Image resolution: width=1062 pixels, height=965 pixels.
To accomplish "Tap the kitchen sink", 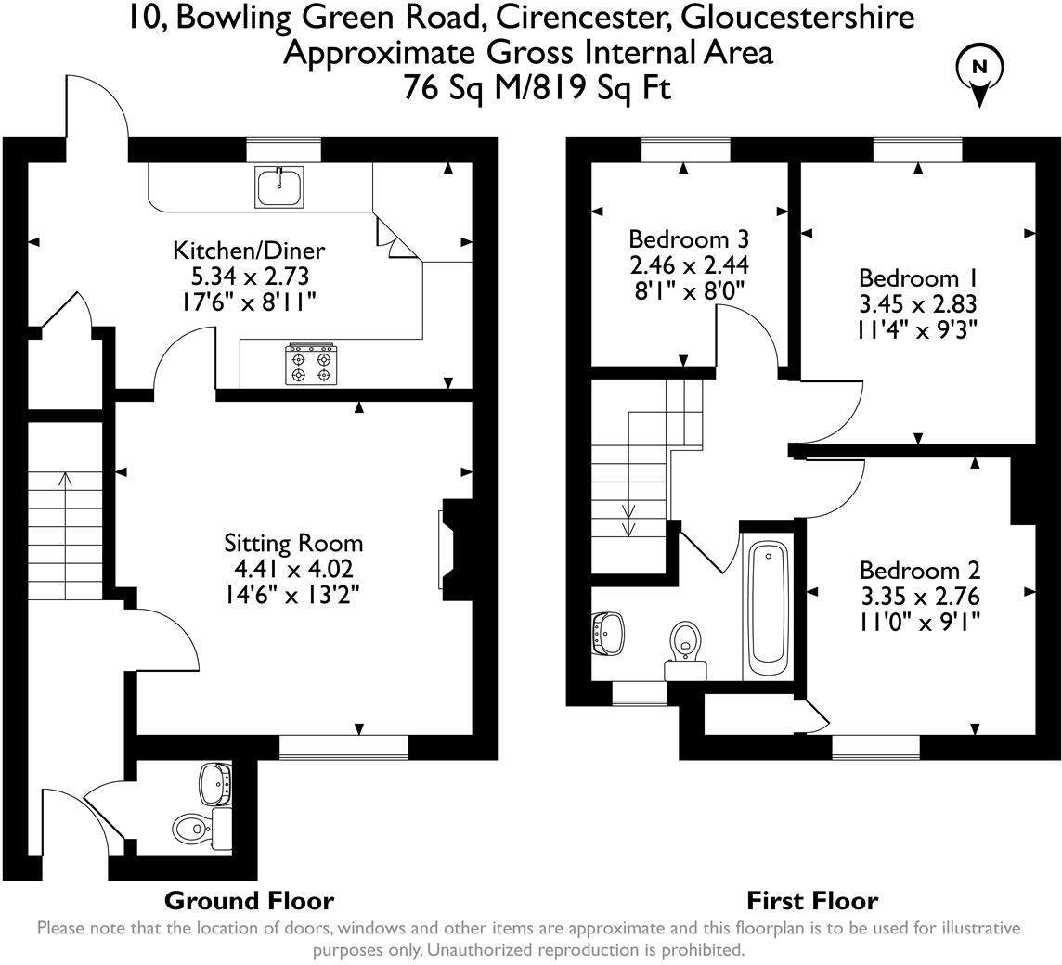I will [x=278, y=187].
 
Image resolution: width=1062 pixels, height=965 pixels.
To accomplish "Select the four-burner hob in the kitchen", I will [x=311, y=362].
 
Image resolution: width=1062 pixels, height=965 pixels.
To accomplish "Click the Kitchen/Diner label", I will [x=249, y=250].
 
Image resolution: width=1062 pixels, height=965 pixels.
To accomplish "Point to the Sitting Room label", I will [x=293, y=543].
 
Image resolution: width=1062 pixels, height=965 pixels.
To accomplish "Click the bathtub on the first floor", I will [x=768, y=609].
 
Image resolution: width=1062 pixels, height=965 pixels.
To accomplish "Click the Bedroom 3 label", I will [x=688, y=238].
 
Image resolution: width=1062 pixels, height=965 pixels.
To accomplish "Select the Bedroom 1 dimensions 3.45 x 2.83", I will [x=917, y=303].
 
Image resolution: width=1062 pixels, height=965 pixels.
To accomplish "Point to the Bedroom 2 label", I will [x=919, y=570].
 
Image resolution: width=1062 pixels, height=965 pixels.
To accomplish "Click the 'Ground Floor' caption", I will [x=249, y=899].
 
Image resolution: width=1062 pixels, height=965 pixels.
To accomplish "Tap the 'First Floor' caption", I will [x=811, y=899].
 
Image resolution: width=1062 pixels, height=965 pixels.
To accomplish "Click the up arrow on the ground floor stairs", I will [x=66, y=480].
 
